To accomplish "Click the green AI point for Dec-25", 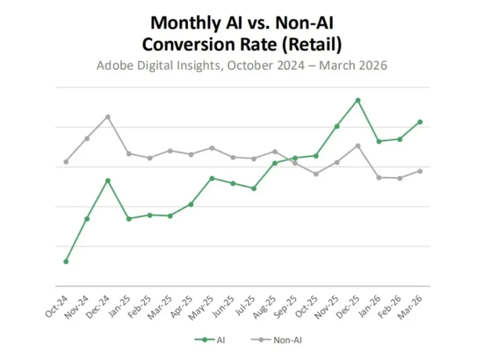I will pyautogui.click(x=358, y=100).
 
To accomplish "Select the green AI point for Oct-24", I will pyautogui.click(x=66, y=261).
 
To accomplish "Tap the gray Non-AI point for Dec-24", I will pyautogui.click(x=108, y=117).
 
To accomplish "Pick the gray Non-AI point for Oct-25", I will pyautogui.click(x=316, y=174).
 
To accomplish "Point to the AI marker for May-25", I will pyautogui.click(x=212, y=178).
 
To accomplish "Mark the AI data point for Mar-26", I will pyautogui.click(x=420, y=122).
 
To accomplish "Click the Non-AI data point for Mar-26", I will pyautogui.click(x=420, y=171).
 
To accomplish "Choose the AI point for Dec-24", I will pyautogui.click(x=108, y=180).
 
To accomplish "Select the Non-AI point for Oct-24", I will pyautogui.click(x=66, y=162).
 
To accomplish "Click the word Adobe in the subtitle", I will pyautogui.click(x=115, y=65).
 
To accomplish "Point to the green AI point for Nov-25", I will pyautogui.click(x=337, y=126).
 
